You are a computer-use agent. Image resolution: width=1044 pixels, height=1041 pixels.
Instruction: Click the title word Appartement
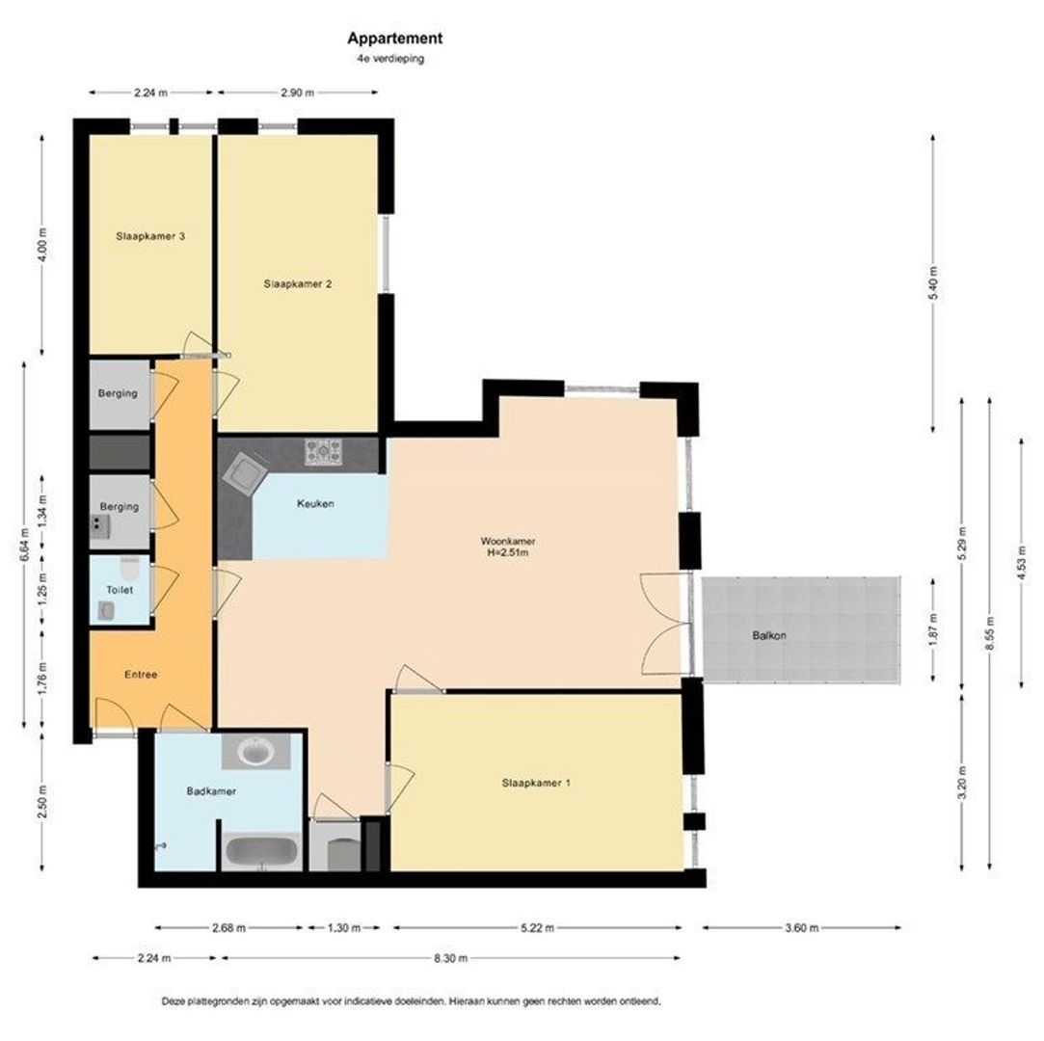[395, 39]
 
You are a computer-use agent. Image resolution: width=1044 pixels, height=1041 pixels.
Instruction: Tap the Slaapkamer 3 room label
[150, 236]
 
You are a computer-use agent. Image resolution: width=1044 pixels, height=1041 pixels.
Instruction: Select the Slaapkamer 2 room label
[298, 284]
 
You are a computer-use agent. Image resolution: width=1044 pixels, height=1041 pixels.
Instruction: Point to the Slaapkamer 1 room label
[536, 784]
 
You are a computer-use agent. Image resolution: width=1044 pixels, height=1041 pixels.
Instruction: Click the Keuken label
[315, 504]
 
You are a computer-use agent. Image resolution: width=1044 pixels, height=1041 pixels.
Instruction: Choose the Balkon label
[769, 635]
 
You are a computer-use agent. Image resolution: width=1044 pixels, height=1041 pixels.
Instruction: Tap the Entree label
[141, 675]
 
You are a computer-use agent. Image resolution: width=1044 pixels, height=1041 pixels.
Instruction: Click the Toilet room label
[120, 590]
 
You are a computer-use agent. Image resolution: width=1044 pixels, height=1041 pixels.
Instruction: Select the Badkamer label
[212, 791]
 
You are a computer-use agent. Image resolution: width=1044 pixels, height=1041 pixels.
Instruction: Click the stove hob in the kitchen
[324, 452]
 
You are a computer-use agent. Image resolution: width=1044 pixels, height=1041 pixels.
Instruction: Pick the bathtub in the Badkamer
[261, 853]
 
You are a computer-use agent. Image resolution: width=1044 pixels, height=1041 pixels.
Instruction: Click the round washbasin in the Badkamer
[256, 752]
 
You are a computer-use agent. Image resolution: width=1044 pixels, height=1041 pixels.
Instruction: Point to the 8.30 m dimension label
[451, 958]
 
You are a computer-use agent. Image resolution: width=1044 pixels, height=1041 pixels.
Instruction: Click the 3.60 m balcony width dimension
[802, 928]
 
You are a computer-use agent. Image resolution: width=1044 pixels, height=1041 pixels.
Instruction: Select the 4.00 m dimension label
[43, 246]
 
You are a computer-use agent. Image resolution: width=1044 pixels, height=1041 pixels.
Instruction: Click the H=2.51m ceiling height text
[508, 552]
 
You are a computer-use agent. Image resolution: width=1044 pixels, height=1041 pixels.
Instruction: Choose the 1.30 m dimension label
[343, 928]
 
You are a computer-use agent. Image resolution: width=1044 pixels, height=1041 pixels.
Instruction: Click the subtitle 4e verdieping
[390, 59]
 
